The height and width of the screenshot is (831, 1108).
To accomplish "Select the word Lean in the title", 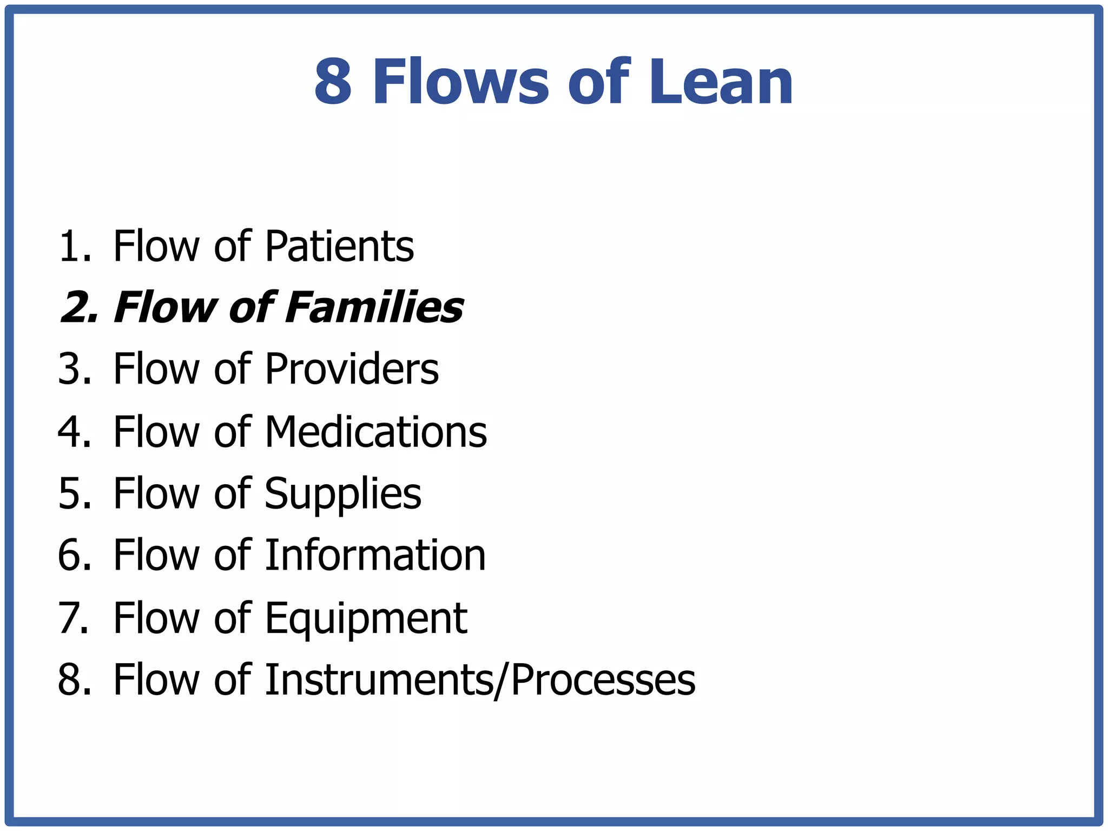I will (x=721, y=83).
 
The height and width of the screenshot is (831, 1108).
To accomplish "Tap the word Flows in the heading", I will (x=461, y=83).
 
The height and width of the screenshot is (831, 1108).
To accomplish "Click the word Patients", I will (x=339, y=247).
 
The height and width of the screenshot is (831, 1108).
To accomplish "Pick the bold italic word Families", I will (x=373, y=308).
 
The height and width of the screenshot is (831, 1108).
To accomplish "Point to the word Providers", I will (x=351, y=370).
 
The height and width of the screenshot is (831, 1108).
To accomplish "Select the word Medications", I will (x=375, y=432).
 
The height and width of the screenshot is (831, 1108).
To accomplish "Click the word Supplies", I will (x=342, y=494).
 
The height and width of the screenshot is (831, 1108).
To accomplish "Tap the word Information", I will (x=375, y=556).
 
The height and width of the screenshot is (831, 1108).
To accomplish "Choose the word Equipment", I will (x=365, y=618).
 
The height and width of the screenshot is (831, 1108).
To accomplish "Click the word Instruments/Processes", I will (x=480, y=680).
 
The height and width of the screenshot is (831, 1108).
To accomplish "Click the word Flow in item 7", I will (x=156, y=618).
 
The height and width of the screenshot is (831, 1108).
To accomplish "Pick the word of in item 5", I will (x=232, y=494).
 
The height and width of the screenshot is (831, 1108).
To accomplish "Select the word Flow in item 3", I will (x=156, y=370).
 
